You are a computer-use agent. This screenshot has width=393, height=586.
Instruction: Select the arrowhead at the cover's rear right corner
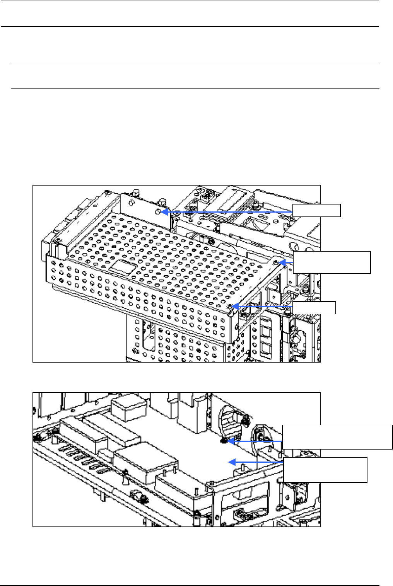[x=281, y=262]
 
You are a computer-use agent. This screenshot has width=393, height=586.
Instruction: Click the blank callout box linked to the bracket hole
[x=316, y=211]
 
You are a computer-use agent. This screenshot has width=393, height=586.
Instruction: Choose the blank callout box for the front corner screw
[x=314, y=308]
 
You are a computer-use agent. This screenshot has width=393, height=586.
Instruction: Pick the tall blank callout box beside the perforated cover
[x=332, y=262]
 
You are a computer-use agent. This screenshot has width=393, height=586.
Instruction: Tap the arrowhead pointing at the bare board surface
[x=231, y=462]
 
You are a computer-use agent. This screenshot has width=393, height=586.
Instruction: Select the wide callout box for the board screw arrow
[x=337, y=437]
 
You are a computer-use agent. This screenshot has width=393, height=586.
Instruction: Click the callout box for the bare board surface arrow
[x=325, y=470]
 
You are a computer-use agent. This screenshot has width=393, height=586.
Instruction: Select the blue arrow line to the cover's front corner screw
[x=263, y=307]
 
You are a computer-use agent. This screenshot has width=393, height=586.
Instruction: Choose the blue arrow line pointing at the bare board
[x=258, y=462]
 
